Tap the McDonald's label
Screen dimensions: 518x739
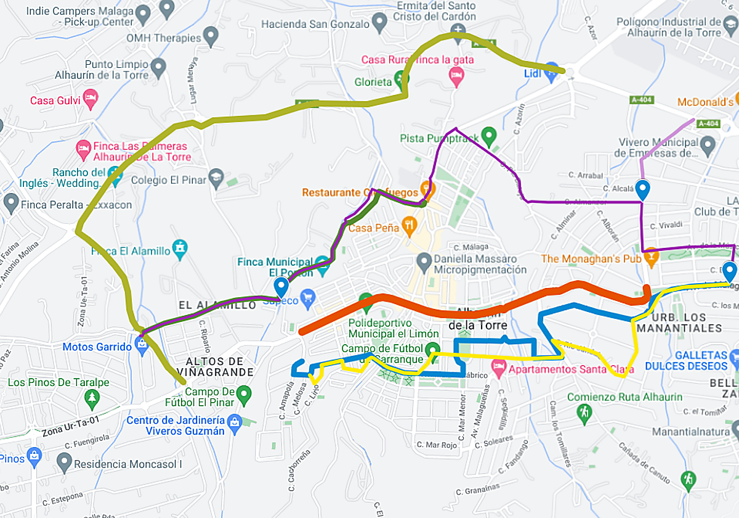(x=705, y=102)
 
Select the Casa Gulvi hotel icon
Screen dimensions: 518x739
(x=91, y=99)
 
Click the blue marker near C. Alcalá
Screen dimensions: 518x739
(x=643, y=189)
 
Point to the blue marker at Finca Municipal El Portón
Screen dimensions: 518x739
(x=281, y=287)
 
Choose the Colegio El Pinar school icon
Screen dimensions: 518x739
(x=216, y=178)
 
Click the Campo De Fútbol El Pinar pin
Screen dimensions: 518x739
(x=244, y=393)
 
